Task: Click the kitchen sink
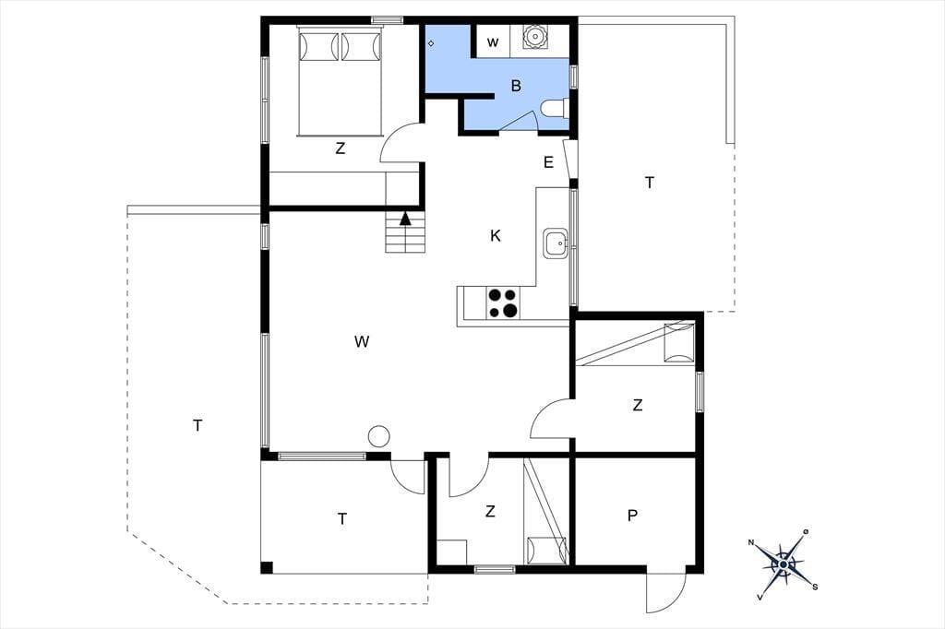(556, 243)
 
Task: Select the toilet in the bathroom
(555, 109)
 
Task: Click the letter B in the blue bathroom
(516, 86)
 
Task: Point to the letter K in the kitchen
(496, 236)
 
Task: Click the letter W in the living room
(362, 342)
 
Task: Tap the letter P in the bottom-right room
(632, 516)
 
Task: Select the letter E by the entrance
(548, 162)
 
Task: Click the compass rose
(783, 562)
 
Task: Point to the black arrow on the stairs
(404, 219)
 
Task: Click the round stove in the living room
(378, 436)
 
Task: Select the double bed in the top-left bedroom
(340, 81)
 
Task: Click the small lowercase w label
(493, 42)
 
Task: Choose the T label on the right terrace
(650, 183)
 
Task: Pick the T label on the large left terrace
(197, 425)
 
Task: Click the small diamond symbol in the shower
(431, 43)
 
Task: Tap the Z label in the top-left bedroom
(340, 148)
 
